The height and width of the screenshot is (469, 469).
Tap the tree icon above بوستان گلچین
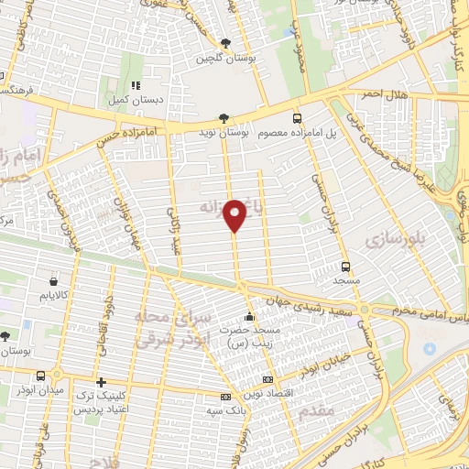click(226, 42)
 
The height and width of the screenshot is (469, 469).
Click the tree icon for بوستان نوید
click(225, 118)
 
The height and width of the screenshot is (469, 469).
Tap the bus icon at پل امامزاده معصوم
click(297, 118)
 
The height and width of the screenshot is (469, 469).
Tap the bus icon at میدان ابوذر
click(42, 376)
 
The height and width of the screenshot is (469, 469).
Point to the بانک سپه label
click(227, 409)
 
